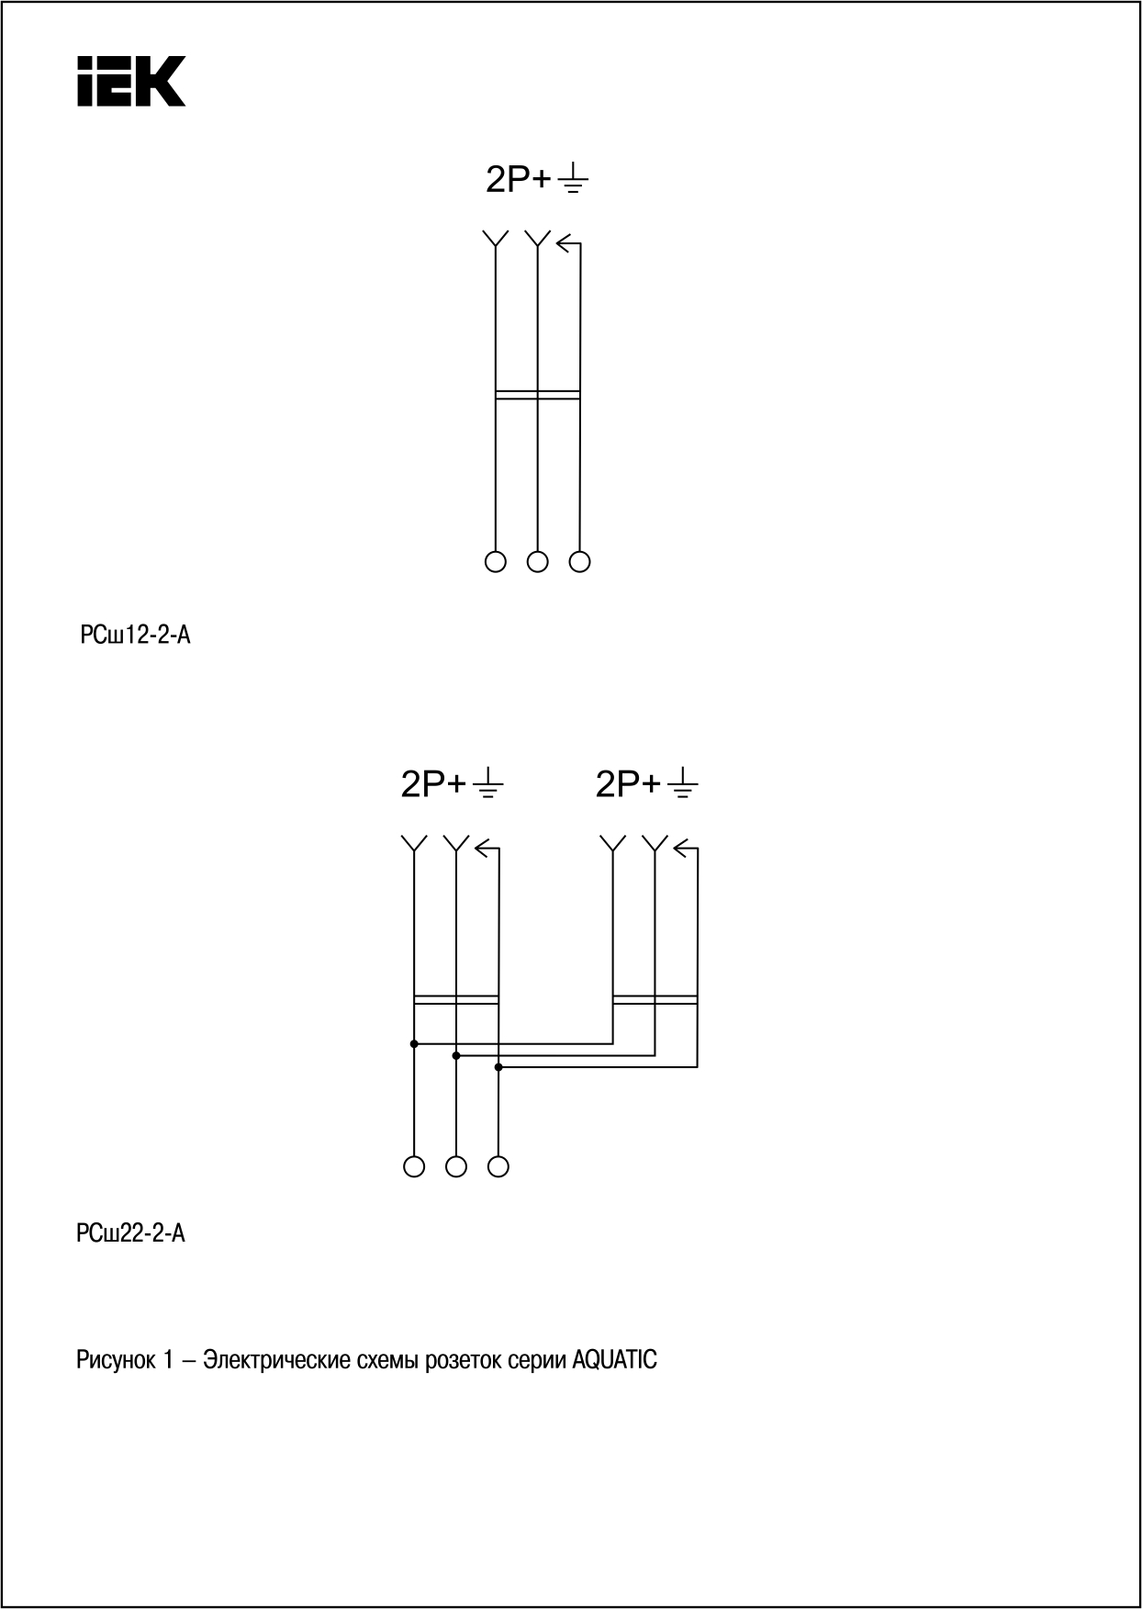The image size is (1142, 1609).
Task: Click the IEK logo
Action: coord(131,81)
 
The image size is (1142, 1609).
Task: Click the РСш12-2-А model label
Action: coord(135,635)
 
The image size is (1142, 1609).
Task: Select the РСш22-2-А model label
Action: coord(131,1233)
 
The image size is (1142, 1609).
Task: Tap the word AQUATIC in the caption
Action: coord(614,1359)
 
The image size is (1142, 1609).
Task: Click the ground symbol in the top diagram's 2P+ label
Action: coord(573,179)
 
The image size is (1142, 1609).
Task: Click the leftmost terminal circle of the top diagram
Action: coord(496,561)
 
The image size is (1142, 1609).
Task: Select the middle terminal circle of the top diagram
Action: coord(538,561)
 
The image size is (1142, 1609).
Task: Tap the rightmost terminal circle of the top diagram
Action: coord(580,561)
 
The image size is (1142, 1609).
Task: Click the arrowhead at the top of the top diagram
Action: coord(563,243)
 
